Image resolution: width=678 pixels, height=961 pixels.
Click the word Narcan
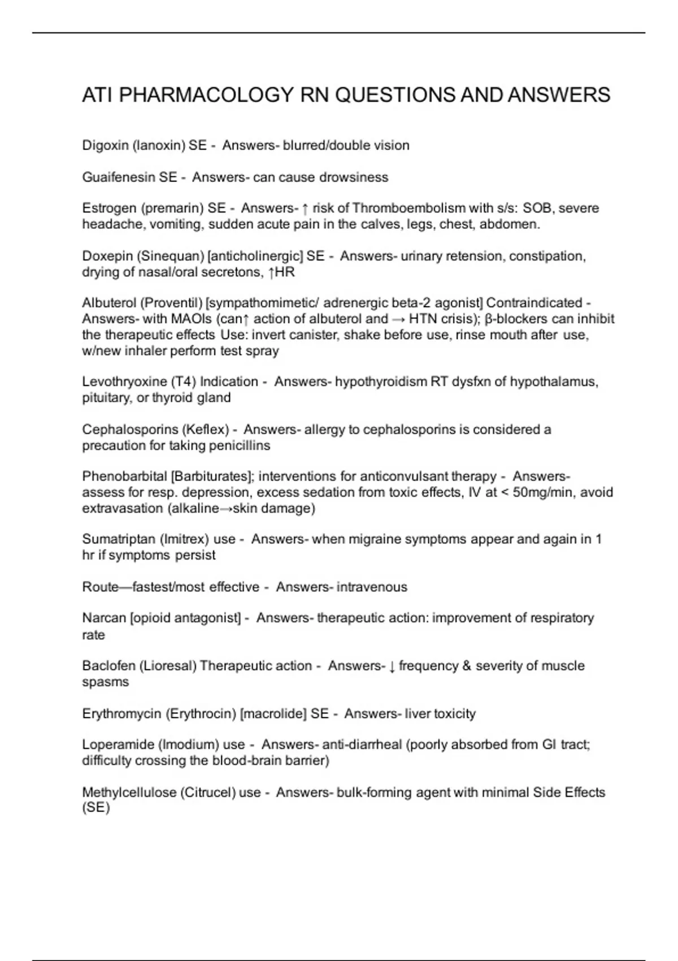104,618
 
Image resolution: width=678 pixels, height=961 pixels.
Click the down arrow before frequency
392,666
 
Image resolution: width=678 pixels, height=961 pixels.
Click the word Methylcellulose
129,792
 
